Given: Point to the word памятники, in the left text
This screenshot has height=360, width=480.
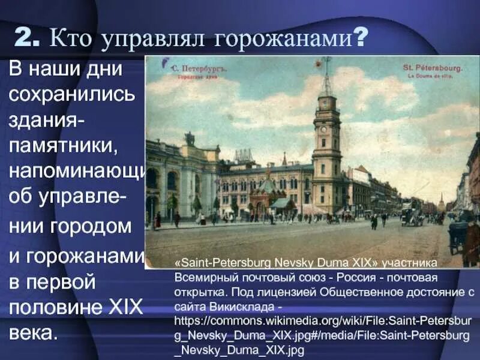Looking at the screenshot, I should [x=72, y=144].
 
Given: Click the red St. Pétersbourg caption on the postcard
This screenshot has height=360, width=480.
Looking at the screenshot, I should [x=433, y=68].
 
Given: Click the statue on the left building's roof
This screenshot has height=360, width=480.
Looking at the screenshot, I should [x=190, y=139].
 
